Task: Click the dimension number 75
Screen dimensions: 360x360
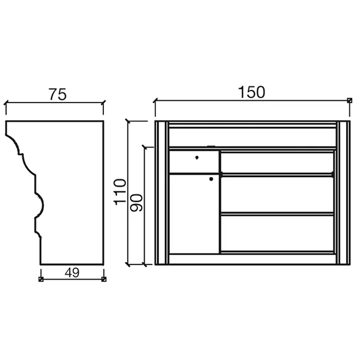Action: (58, 94)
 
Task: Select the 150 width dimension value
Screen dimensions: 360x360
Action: (251, 92)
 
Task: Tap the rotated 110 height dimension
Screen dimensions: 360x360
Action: (120, 192)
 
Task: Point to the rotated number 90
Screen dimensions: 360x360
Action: (136, 203)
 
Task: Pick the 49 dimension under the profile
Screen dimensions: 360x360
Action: (72, 273)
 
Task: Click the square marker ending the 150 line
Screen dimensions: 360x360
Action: (349, 100)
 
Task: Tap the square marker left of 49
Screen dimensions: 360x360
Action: (41, 279)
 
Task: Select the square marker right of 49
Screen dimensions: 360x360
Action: (104, 279)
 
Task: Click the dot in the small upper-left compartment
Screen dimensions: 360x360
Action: (197, 157)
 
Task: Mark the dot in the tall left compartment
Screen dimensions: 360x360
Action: (211, 179)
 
